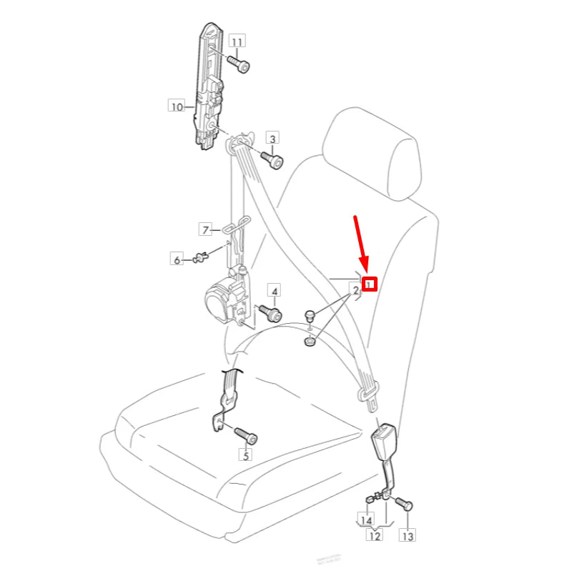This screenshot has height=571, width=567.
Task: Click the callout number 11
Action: pos(237,41)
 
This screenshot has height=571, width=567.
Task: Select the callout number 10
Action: pos(176,107)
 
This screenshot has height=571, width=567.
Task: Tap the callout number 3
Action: pos(272,138)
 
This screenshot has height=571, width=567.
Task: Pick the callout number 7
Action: pos(205,229)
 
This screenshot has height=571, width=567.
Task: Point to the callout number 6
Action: pos(177,259)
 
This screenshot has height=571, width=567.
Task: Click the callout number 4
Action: pos(274,290)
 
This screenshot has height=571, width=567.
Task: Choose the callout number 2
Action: pos(353,291)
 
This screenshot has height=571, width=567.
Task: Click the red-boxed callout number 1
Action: pos(369,284)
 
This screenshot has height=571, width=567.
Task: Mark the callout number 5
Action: pos(245,455)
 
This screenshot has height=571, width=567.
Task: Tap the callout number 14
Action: pos(366,520)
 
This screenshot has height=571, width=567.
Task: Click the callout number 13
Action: pos(407,535)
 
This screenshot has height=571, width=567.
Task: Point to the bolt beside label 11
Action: pos(241,65)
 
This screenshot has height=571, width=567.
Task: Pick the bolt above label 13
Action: pos(405,505)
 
